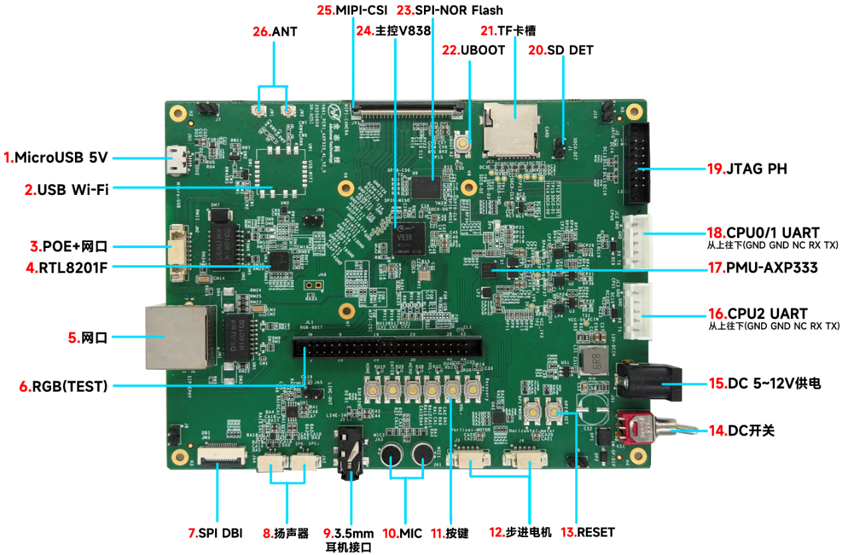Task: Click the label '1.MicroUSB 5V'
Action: [55, 158]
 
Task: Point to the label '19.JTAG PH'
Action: [746, 168]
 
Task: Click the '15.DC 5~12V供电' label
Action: [764, 383]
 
